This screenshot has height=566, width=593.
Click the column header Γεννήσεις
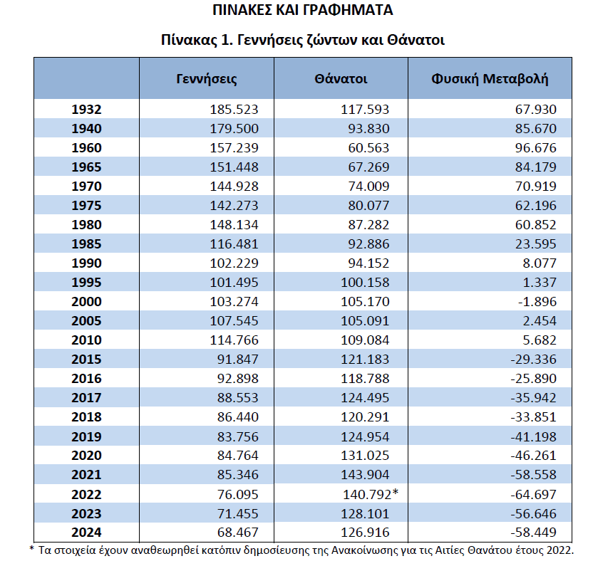tap(207, 78)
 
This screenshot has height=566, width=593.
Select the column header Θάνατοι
tap(341, 78)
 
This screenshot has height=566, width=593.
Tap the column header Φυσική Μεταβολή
tap(490, 78)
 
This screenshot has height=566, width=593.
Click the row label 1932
tap(87, 110)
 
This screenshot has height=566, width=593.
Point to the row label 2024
tap(87, 533)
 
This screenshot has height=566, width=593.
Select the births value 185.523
tap(234, 110)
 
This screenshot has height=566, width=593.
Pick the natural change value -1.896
tap(535, 302)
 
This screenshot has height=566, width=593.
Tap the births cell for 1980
tap(234, 225)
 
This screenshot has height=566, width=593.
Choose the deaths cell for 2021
tap(368, 475)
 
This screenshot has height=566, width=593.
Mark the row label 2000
tap(87, 302)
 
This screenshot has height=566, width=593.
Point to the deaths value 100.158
tap(368, 283)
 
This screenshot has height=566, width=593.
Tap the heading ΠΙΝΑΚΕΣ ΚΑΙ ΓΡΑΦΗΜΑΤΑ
tap(303, 11)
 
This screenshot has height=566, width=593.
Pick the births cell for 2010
tap(234, 340)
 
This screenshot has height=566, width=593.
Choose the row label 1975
tap(87, 206)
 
